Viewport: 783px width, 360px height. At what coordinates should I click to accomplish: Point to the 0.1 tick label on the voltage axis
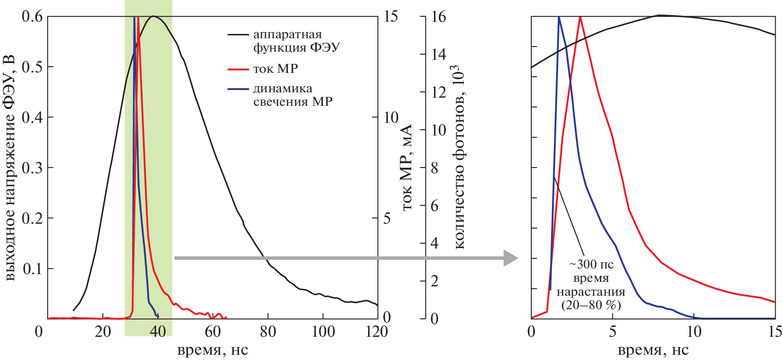[x=33, y=268]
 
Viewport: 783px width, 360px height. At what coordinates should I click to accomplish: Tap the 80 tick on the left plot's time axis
[x=268, y=332]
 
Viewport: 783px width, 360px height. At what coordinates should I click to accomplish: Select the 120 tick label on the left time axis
[x=377, y=332]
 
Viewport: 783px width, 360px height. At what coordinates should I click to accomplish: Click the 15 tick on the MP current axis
[x=390, y=17]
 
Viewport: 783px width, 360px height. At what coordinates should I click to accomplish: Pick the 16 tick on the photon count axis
[x=438, y=17]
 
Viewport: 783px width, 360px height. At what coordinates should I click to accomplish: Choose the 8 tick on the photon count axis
[x=434, y=168]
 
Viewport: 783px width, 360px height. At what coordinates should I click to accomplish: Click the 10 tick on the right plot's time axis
[x=694, y=332]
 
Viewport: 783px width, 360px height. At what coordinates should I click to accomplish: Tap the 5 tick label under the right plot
[x=613, y=332]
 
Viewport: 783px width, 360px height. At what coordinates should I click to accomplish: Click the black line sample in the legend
[x=238, y=35]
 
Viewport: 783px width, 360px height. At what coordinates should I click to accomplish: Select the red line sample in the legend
[x=238, y=70]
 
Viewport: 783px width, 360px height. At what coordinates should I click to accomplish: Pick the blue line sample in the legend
[x=238, y=89]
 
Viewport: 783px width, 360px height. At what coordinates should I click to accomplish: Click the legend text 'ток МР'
[x=276, y=69]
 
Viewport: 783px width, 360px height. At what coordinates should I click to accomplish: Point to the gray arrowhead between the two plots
[x=510, y=258]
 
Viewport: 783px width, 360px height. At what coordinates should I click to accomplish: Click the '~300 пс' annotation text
[x=591, y=264]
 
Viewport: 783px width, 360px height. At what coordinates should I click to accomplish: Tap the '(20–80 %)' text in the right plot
[x=591, y=305]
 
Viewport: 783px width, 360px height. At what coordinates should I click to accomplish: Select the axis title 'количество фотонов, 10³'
[x=459, y=157]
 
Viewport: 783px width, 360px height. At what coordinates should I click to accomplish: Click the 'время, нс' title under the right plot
[x=653, y=350]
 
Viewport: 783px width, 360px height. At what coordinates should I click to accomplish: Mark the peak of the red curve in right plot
[x=580, y=17]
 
